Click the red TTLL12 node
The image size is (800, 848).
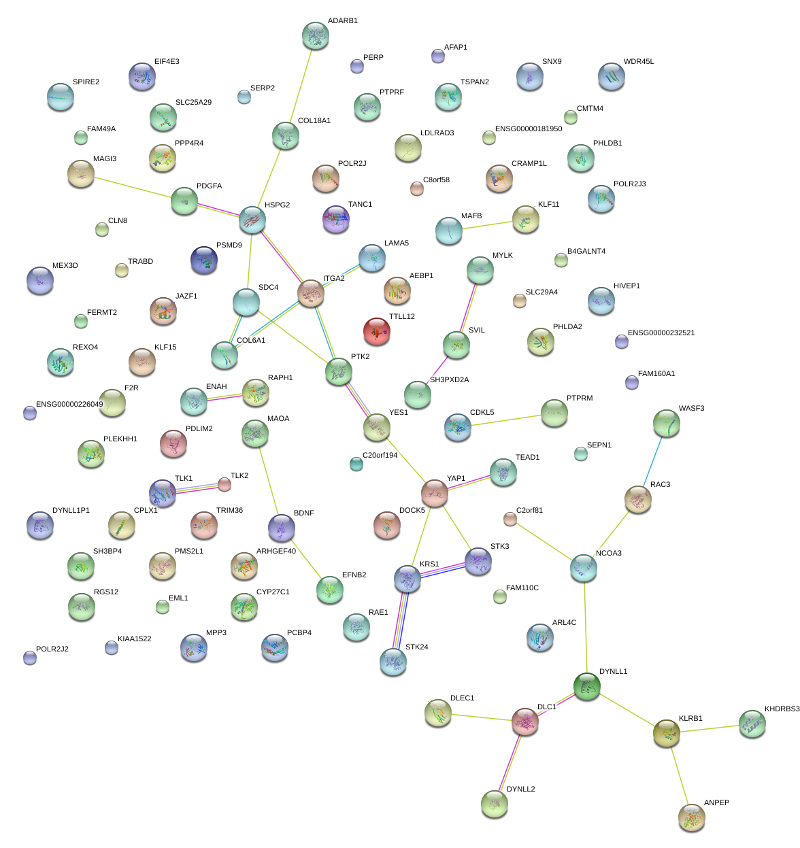tap(377, 331)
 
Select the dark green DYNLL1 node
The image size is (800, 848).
tap(586, 686)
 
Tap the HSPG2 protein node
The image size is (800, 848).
tap(252, 220)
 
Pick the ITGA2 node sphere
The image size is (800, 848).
tap(311, 293)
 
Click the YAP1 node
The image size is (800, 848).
tap(435, 493)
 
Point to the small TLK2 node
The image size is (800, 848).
tap(224, 484)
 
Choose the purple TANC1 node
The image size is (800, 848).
tap(335, 219)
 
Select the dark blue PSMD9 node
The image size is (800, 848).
tap(204, 260)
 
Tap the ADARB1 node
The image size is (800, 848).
tap(315, 36)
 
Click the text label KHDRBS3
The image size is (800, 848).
tap(782, 709)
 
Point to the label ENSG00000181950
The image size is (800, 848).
tap(529, 129)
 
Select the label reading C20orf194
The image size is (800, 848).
tap(380, 456)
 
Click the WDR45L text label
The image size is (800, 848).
tap(638, 62)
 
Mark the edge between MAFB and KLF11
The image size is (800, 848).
tap(487, 226)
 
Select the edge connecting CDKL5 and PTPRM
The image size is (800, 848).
tap(505, 420)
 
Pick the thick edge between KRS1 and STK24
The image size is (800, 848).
tap(401, 620)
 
